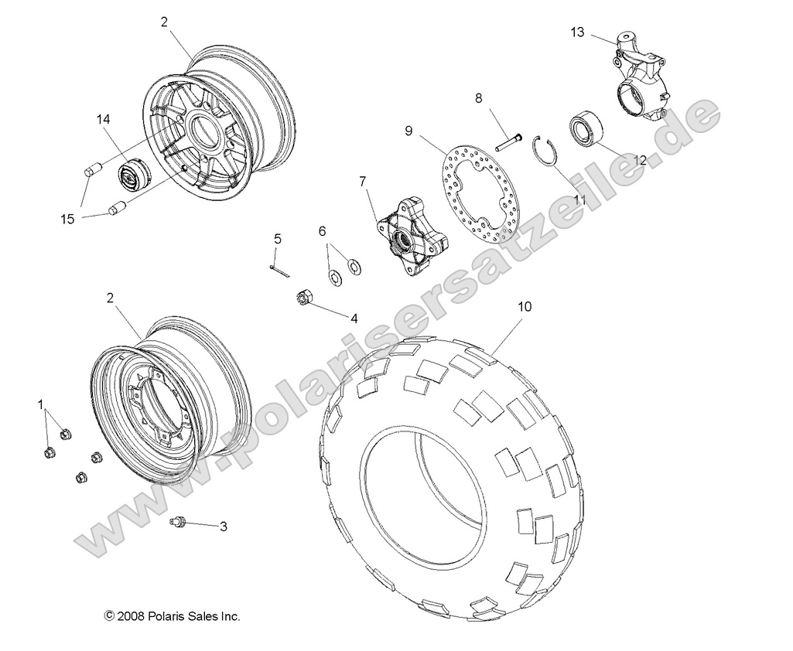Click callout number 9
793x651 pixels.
pos(451,131)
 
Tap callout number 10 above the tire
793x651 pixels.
pos(525,306)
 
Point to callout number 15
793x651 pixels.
pos(68,219)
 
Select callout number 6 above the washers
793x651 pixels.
pos(323,230)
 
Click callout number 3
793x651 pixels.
pos(223,527)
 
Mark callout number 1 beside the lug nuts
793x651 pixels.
pos(41,404)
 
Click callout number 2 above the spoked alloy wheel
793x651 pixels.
pos(164,22)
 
